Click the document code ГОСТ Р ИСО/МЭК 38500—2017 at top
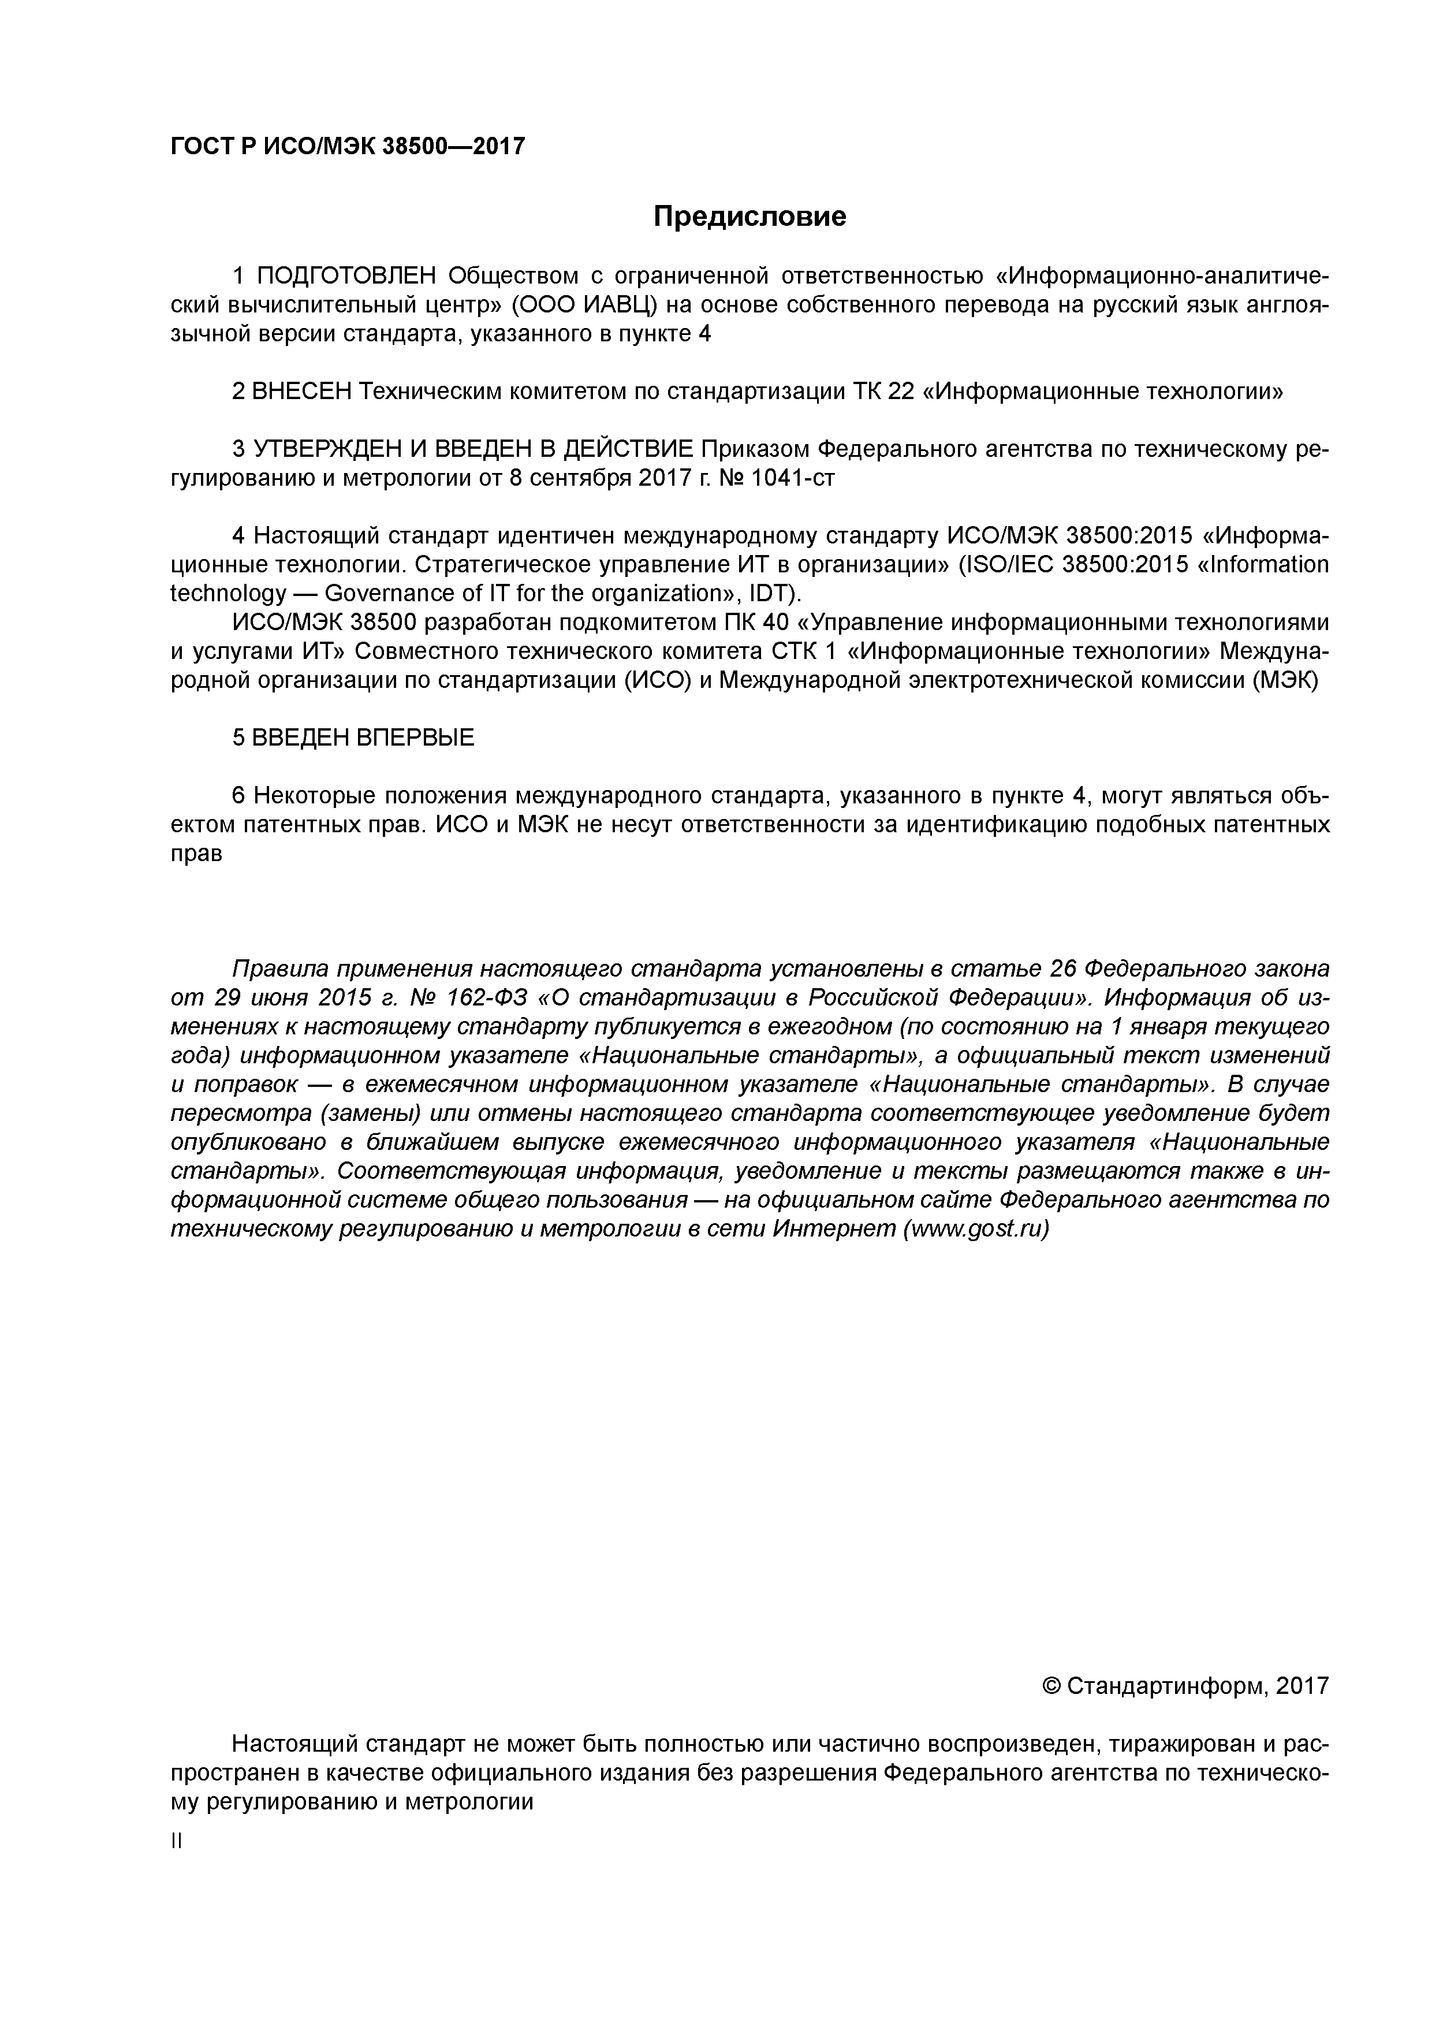(x=347, y=147)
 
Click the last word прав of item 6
(x=195, y=853)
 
